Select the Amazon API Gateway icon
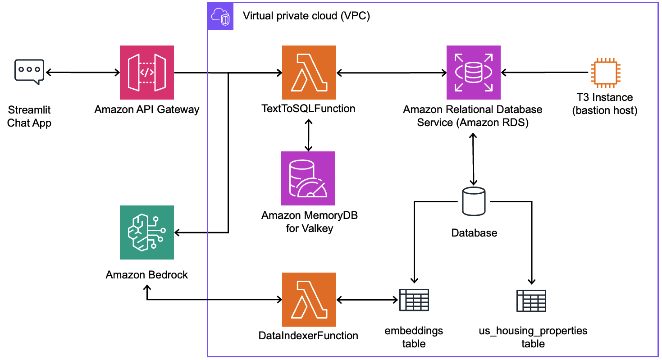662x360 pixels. pyautogui.click(x=147, y=72)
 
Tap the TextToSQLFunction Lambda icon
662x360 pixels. pyautogui.click(x=309, y=72)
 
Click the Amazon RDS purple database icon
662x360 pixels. pyautogui.click(x=473, y=72)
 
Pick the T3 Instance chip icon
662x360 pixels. pyautogui.click(x=605, y=73)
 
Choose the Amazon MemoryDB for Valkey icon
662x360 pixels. pyautogui.click(x=309, y=178)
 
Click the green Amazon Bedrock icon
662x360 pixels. pyautogui.click(x=147, y=232)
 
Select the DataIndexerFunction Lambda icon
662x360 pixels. pyautogui.click(x=309, y=299)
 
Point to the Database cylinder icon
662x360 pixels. pyautogui.click(x=474, y=201)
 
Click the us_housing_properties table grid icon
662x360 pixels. pyautogui.click(x=531, y=301)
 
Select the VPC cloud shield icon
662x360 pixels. pyautogui.click(x=220, y=17)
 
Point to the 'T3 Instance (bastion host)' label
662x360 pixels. pyautogui.click(x=605, y=104)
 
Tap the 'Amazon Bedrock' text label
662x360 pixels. pyautogui.click(x=147, y=274)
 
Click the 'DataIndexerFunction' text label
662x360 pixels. pyautogui.click(x=309, y=335)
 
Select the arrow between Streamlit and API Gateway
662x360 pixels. pyautogui.click(x=82, y=73)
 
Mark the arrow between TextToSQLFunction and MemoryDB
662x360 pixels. pyautogui.click(x=309, y=135)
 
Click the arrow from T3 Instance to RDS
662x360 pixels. pyautogui.click(x=545, y=73)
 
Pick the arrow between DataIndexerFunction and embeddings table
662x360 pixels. pyautogui.click(x=367, y=299)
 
